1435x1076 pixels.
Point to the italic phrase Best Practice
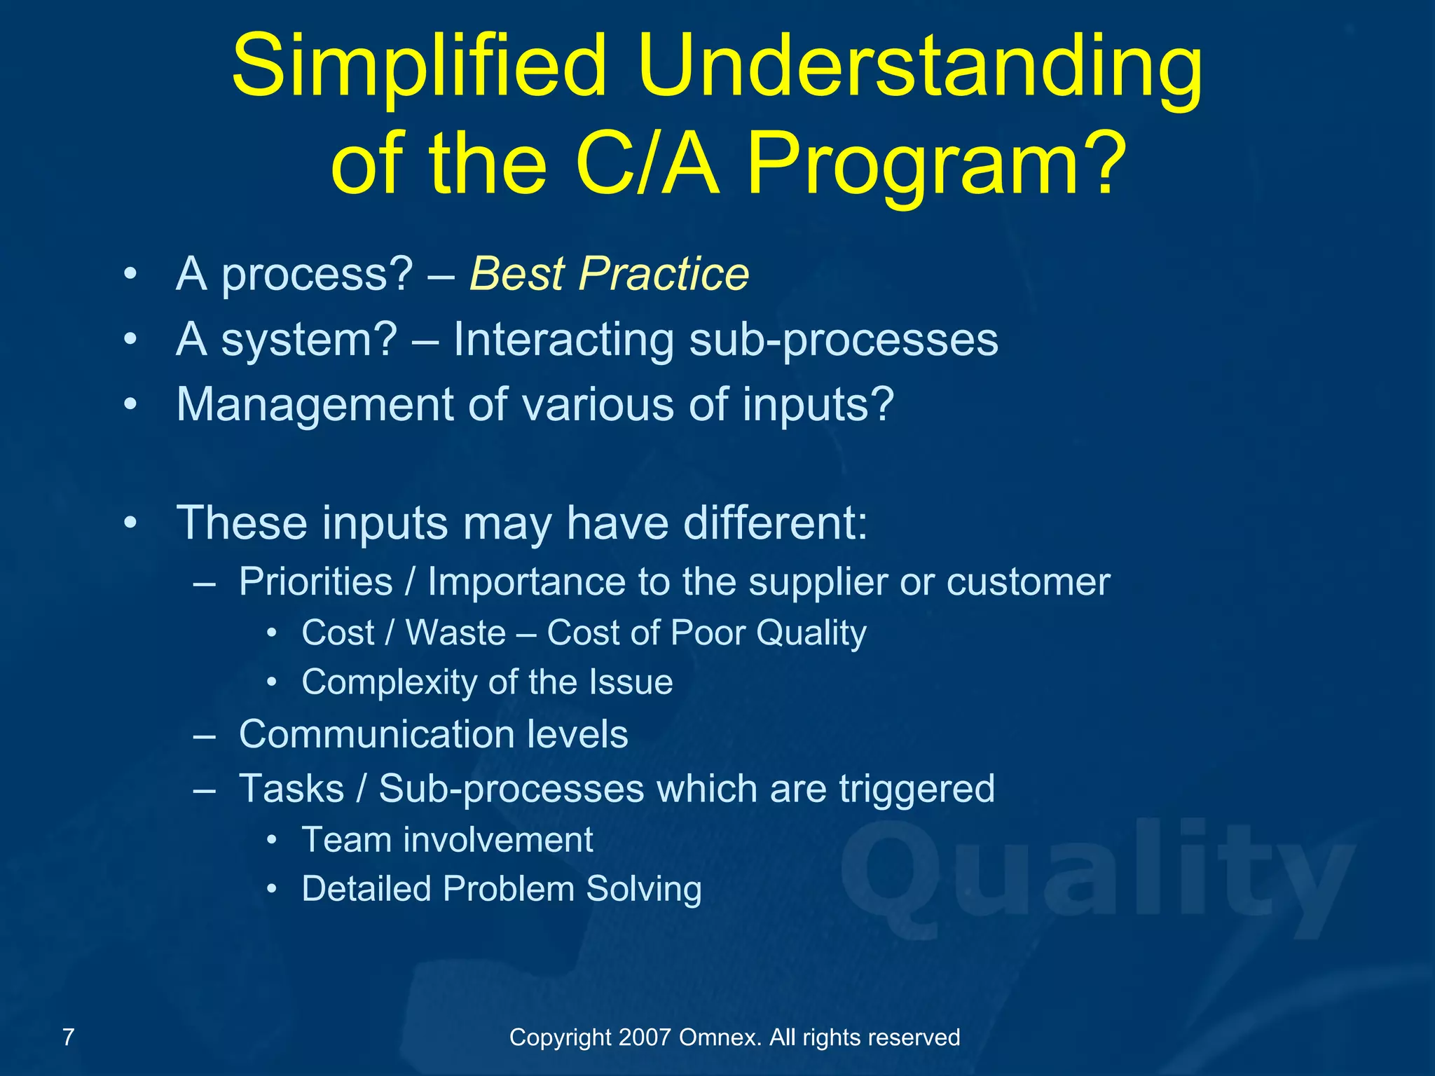(609, 273)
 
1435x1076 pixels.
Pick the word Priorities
(316, 581)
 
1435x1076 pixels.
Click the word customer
(1028, 582)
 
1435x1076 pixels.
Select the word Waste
(455, 633)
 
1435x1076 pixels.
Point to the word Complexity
(389, 682)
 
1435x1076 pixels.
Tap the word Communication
(376, 734)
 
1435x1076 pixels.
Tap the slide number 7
(68, 1037)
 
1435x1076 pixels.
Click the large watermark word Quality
(1097, 876)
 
